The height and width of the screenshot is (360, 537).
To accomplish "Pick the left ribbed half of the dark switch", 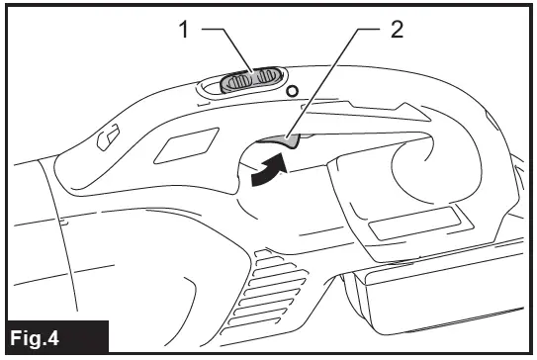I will tap(235, 82).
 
